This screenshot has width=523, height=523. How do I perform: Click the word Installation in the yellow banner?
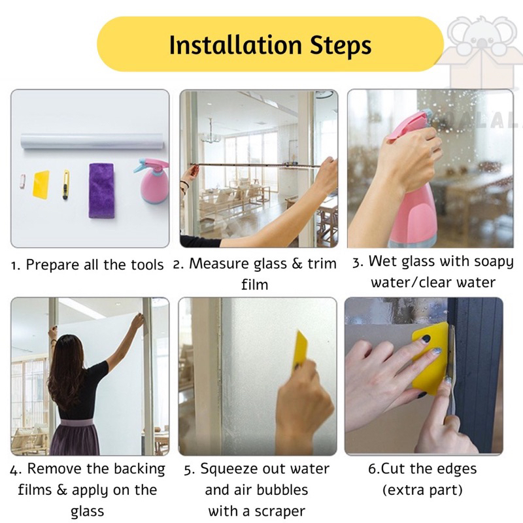pos(235,44)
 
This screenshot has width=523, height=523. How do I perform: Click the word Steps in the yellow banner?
pos(341,46)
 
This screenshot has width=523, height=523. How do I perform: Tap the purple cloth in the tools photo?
pos(101,190)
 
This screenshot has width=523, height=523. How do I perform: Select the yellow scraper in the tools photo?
pos(41,184)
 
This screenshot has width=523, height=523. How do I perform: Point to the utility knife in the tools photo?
pos(66,184)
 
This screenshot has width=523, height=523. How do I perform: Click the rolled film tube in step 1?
pos(92,141)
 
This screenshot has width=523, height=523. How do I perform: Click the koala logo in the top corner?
pos(480,50)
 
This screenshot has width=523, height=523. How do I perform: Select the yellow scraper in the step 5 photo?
pos(300,349)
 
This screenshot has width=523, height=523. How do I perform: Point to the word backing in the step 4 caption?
pos(141,469)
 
